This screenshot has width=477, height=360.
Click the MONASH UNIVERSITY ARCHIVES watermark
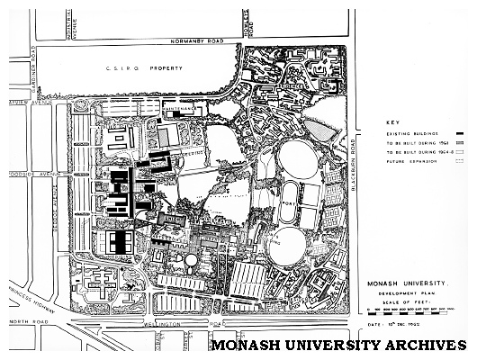tap(337, 346)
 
